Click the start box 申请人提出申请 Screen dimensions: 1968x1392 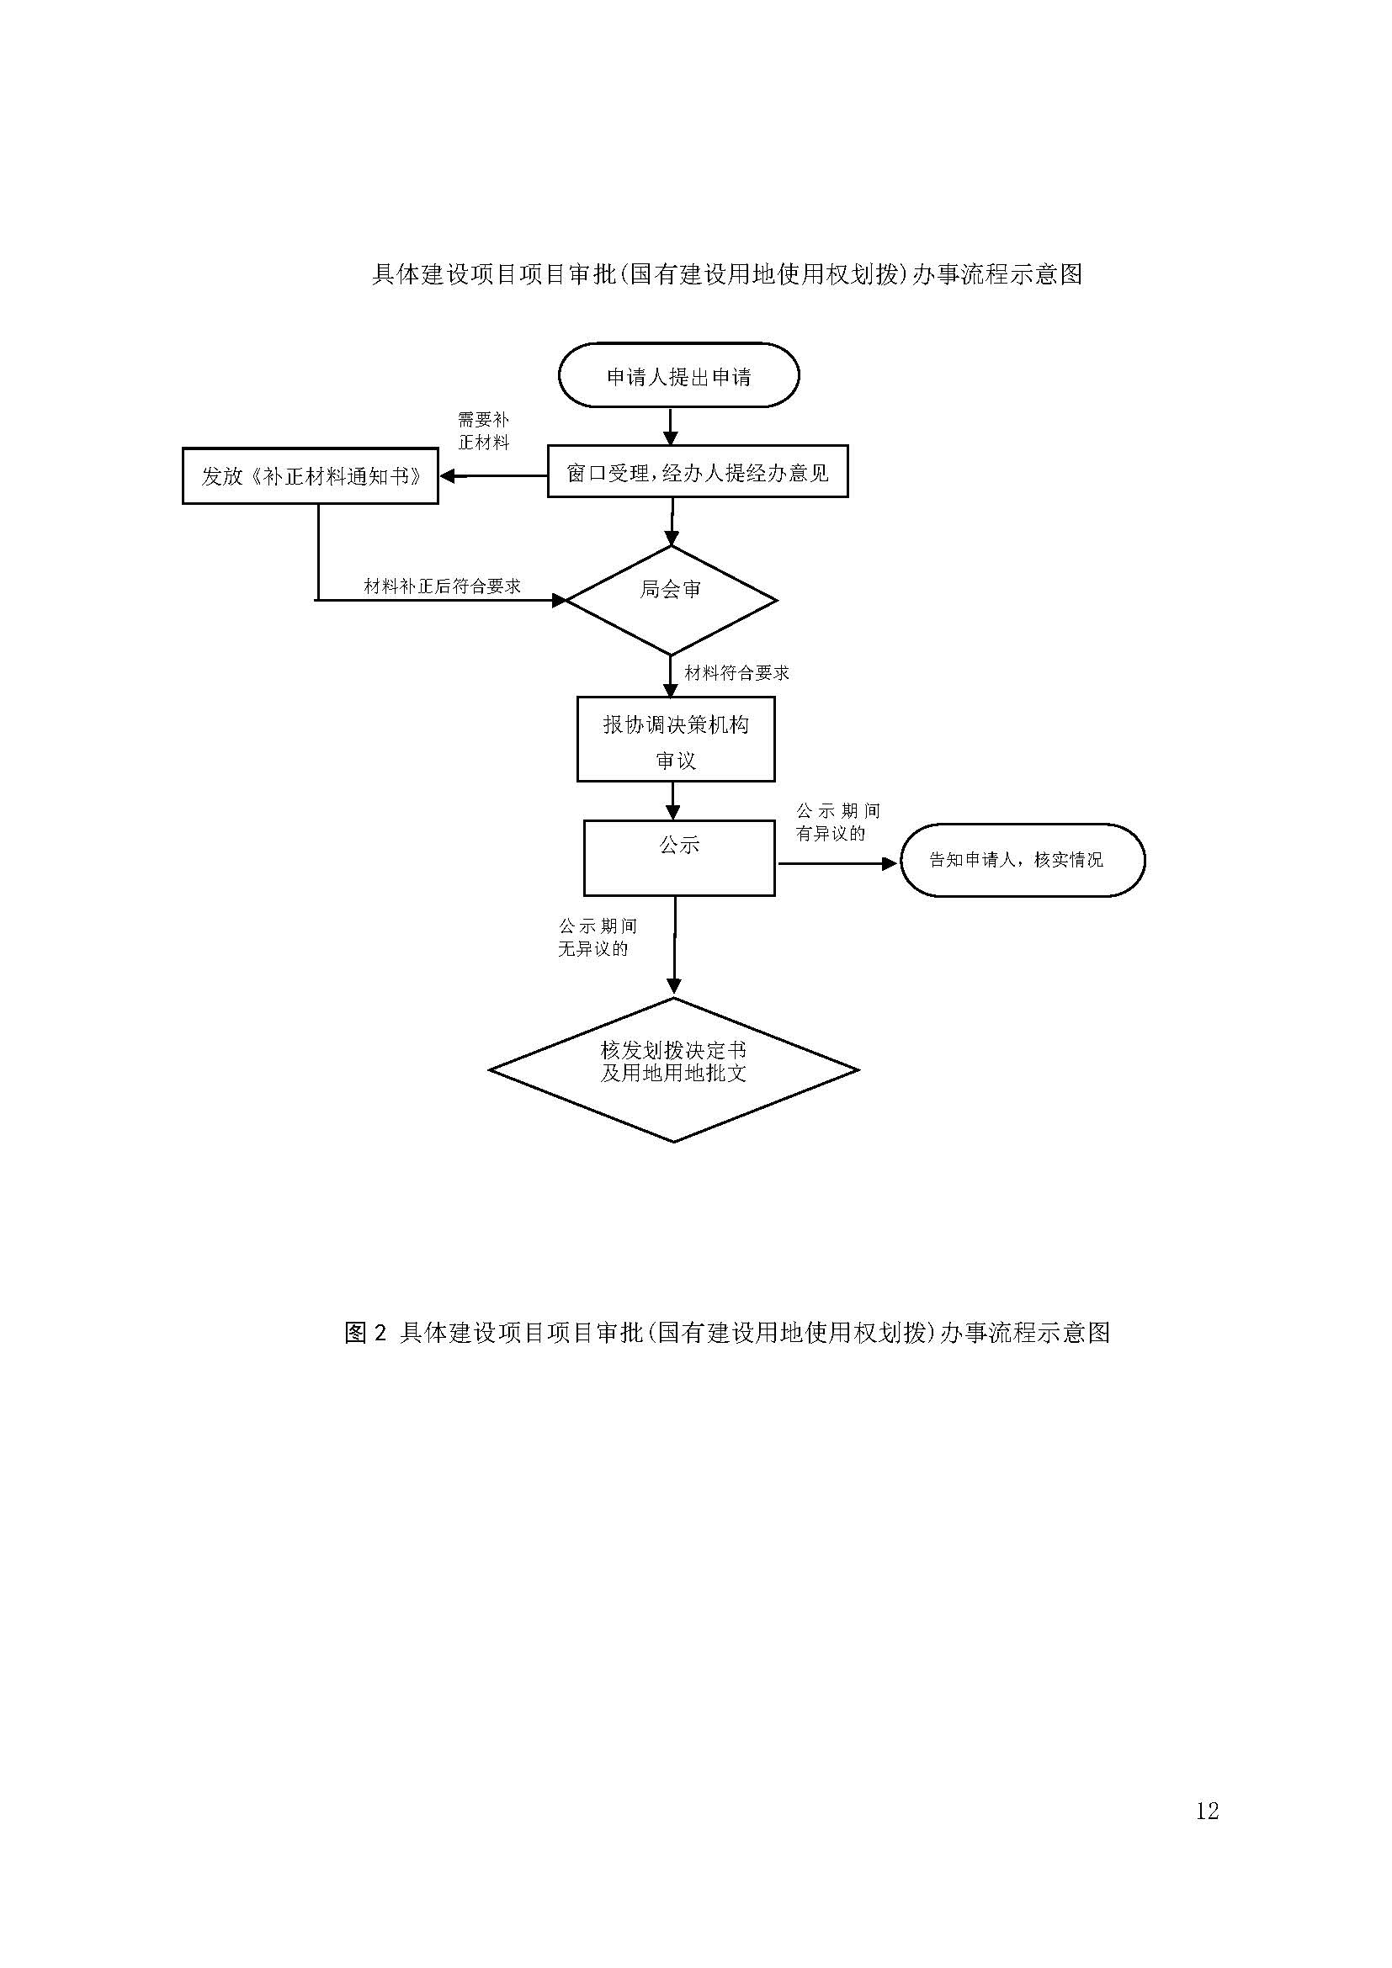(678, 375)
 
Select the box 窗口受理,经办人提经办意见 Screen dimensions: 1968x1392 (697, 471)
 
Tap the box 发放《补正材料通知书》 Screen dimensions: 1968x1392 (311, 475)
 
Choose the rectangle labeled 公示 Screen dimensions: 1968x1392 (679, 858)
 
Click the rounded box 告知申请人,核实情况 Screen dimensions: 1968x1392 (1022, 860)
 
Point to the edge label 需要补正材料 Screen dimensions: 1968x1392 (483, 431)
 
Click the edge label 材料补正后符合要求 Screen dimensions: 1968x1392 (443, 586)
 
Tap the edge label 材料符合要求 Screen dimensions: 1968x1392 (736, 674)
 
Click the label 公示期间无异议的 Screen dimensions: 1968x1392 (597, 936)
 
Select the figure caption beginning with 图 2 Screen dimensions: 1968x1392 (727, 1332)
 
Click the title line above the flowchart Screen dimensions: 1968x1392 (727, 274)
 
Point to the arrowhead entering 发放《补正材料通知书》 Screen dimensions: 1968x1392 (448, 475)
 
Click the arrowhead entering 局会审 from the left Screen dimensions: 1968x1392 (559, 600)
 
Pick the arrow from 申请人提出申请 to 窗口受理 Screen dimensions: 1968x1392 (671, 426)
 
